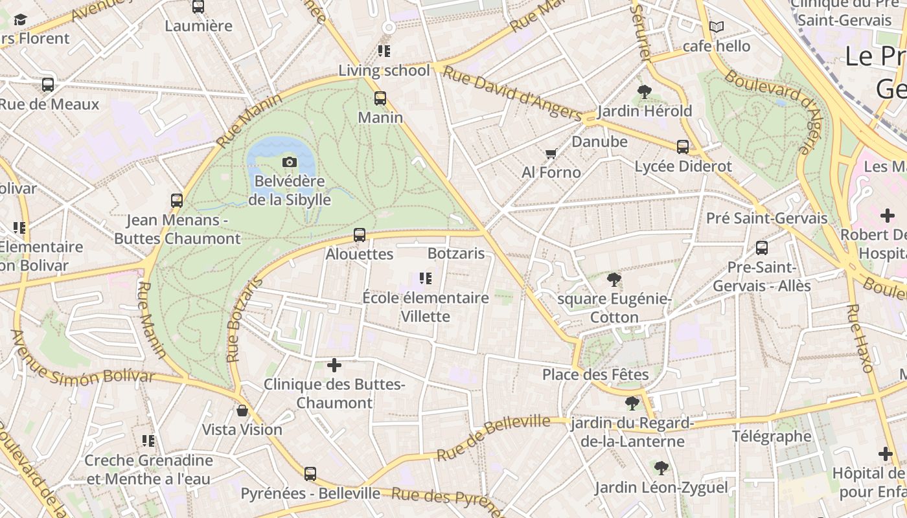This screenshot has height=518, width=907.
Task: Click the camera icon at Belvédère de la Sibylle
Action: pos(290,162)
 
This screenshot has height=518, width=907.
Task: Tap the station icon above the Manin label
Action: pos(380,98)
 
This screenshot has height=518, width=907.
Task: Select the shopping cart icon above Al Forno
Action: pos(551,153)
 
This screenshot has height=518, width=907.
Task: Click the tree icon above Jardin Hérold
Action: pos(644,92)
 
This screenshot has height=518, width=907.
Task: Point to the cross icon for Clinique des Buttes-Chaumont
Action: pos(334,365)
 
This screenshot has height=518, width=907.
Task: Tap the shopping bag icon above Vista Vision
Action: pos(242,411)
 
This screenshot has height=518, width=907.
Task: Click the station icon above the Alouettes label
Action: pos(360,235)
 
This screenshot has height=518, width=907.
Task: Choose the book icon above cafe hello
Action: pos(716,27)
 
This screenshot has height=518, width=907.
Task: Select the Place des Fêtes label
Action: pos(595,374)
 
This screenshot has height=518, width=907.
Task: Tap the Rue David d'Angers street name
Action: pos(512,93)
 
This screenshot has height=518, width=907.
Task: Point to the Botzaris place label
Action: pos(456,253)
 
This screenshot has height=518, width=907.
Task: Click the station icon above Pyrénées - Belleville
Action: pos(310,474)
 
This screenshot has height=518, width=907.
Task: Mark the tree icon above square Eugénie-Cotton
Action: pos(614,280)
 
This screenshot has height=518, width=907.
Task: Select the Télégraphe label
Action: pos(771,436)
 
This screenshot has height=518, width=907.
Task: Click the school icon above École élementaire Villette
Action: pos(425,278)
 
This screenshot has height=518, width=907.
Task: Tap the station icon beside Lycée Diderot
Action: pos(683,147)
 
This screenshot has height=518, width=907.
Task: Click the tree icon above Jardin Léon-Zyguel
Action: pos(661,468)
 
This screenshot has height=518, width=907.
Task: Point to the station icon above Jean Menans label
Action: pos(177,201)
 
